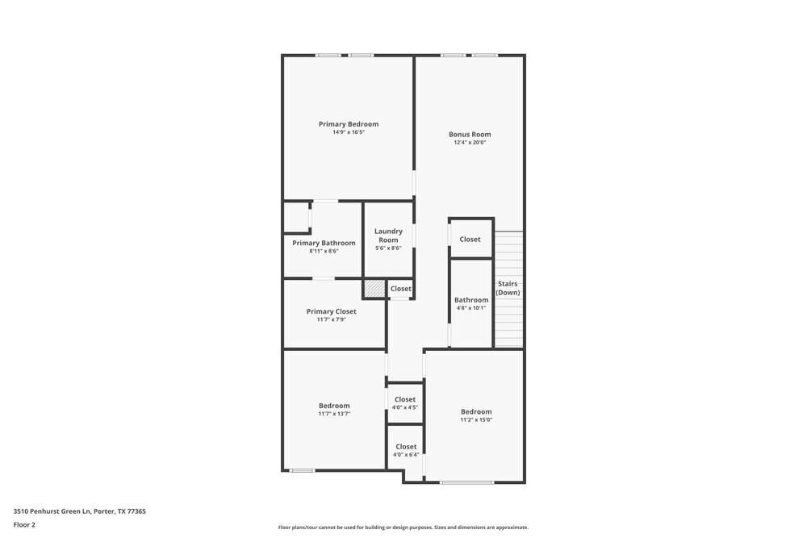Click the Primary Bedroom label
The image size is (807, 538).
[348, 124]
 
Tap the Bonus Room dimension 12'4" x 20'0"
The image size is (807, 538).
[470, 143]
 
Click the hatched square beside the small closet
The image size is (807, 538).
[374, 288]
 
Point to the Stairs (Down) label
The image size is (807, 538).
[508, 288]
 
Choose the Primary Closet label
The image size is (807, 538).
[331, 311]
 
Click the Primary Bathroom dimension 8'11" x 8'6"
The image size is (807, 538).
[324, 251]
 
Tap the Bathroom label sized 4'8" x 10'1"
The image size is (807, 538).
[471, 300]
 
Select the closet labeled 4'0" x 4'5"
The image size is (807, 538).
[405, 399]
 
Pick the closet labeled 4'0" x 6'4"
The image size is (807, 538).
[406, 447]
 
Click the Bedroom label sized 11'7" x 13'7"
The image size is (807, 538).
[334, 406]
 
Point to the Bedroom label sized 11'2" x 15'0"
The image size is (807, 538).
[476, 411]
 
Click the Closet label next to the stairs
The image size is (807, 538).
[470, 239]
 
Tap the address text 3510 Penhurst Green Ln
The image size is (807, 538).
[79, 511]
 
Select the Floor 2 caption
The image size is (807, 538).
[24, 524]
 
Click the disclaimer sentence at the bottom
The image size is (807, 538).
[403, 528]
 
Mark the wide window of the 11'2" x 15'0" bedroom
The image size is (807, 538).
[466, 482]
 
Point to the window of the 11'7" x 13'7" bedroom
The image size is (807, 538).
[302, 470]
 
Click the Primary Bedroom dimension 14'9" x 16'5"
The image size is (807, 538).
[349, 132]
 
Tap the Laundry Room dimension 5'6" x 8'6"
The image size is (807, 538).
[388, 248]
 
